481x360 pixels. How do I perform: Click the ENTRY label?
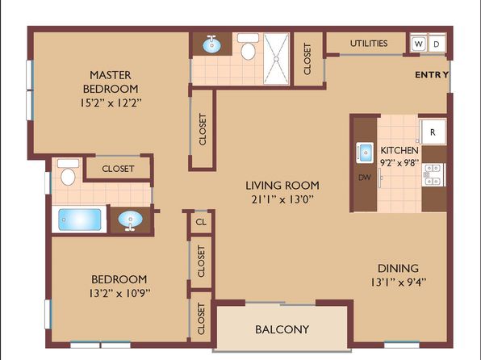(x=432, y=74)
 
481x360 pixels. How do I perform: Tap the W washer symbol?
(x=418, y=44)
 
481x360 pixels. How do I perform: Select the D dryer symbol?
(x=437, y=44)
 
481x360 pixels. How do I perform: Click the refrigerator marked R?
(x=433, y=132)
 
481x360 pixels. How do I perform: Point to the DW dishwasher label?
(x=365, y=177)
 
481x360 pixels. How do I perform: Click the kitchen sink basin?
(x=365, y=153)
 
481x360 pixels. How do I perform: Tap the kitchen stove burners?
(x=433, y=174)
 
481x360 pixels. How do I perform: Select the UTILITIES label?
(x=369, y=44)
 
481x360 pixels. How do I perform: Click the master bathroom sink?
(x=211, y=45)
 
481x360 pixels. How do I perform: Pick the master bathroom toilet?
(x=248, y=47)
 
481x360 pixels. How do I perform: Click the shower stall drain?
(x=276, y=58)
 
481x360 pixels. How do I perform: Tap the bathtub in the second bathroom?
(x=79, y=220)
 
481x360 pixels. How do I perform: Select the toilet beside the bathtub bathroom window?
(x=68, y=172)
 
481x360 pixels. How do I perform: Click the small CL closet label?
(x=201, y=222)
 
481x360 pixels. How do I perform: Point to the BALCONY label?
(x=282, y=329)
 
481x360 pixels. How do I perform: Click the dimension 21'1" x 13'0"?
(x=282, y=199)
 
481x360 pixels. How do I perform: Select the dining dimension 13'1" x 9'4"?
(x=398, y=282)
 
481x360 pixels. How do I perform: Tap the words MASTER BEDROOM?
(x=111, y=82)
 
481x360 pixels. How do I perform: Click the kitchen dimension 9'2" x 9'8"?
(x=399, y=163)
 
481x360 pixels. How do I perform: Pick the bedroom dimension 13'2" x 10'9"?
(x=119, y=293)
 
